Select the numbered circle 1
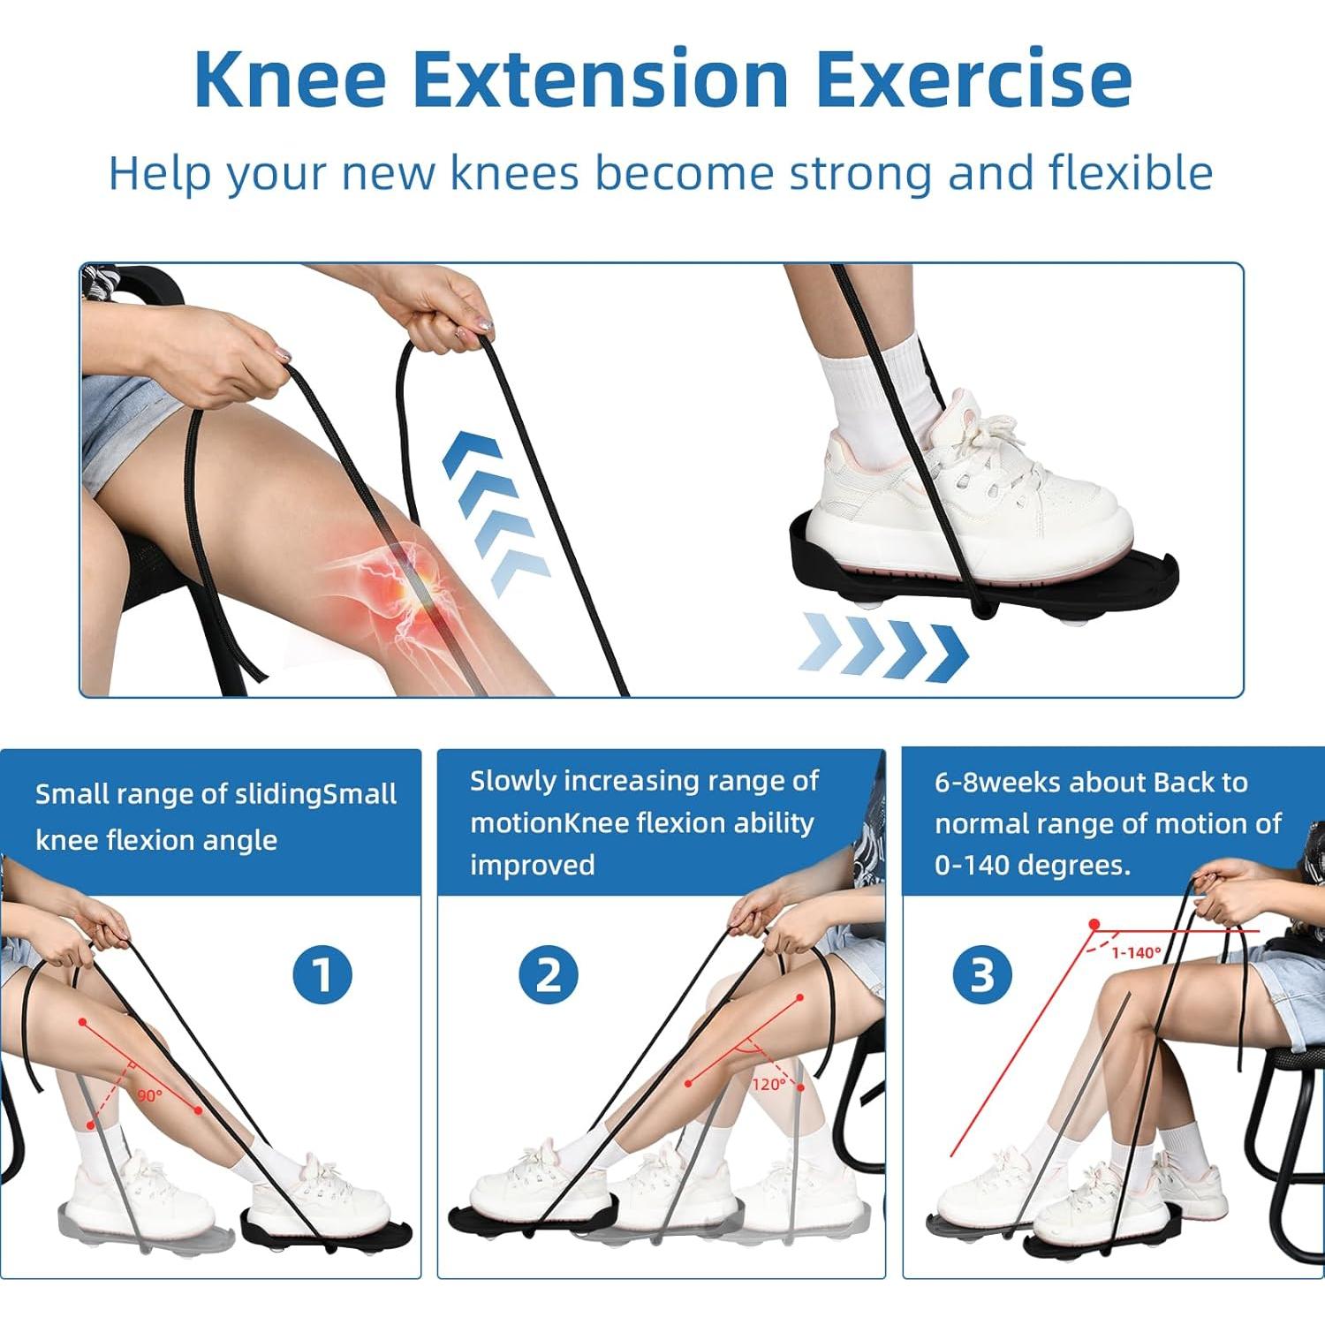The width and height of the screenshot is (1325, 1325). pos(322,975)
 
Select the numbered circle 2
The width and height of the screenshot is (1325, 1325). pos(549,975)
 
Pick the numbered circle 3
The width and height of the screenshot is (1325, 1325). pos(982,975)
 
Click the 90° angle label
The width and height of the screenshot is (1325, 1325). pos(150,1095)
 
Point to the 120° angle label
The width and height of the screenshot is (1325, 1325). pos(768,1084)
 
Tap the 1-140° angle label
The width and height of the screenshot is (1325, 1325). pos(1136,952)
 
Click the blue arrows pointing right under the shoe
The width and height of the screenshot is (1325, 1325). pos(883,652)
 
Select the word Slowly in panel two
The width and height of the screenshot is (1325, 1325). pos(512,781)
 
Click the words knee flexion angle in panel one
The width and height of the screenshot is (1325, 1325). pos(156,840)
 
